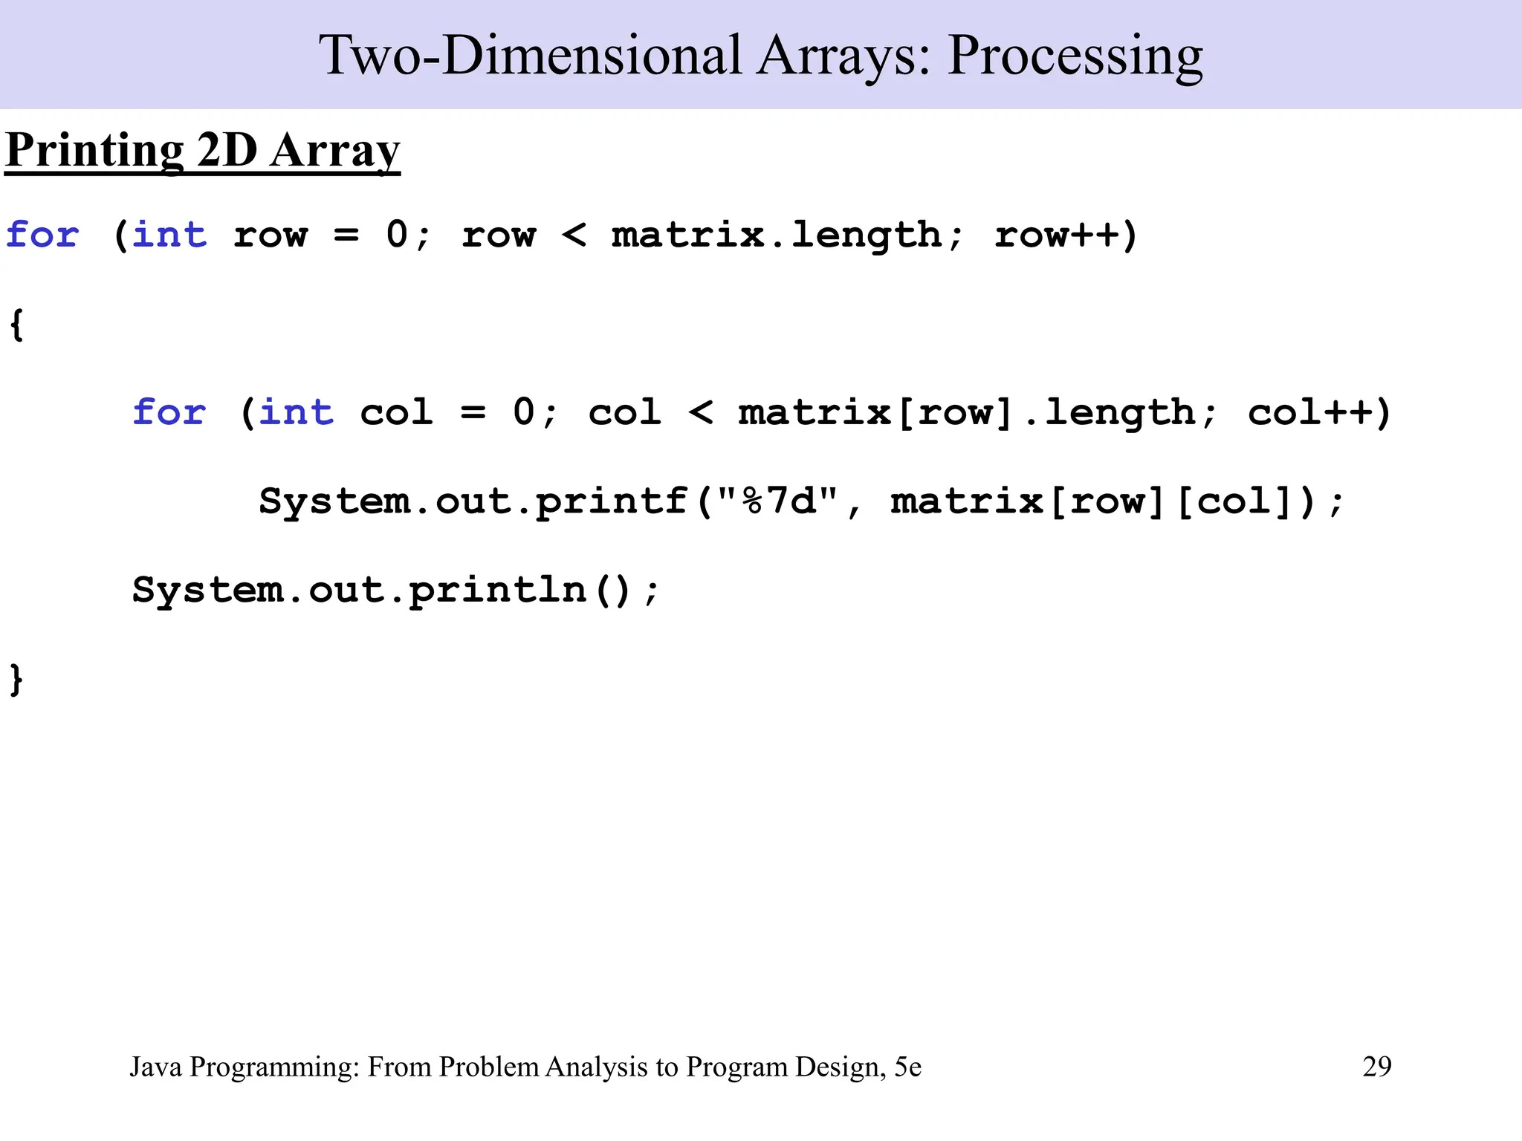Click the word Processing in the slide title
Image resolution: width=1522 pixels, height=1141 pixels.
1075,56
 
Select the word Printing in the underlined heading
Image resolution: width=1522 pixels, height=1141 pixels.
94,151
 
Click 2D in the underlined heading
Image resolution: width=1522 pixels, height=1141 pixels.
227,151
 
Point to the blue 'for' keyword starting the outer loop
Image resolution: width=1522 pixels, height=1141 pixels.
42,235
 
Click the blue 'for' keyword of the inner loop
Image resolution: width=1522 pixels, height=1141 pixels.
169,413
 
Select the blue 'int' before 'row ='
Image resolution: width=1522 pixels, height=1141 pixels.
169,235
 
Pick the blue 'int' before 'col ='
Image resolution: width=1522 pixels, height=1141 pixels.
296,413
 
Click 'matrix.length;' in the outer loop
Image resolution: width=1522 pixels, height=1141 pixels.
787,235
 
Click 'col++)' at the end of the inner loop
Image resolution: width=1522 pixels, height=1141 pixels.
1318,413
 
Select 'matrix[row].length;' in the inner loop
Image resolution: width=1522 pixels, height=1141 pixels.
977,413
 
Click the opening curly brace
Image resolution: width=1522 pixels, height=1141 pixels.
16,325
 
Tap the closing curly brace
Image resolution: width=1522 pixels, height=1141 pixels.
16,680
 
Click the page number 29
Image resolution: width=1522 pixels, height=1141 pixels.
1376,1067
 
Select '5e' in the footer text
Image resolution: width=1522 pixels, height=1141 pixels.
907,1067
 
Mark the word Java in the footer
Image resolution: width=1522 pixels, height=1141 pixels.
155,1067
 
